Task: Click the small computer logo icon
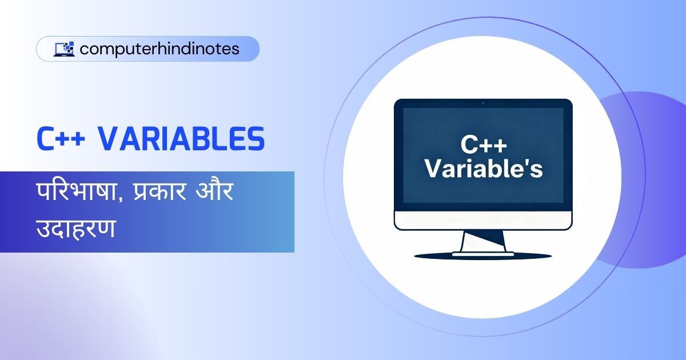64,49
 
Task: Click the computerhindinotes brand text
159,49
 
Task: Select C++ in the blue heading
61,139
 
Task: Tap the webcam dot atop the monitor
483,103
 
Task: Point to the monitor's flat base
483,253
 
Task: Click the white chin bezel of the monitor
483,220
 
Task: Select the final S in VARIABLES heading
256,139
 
